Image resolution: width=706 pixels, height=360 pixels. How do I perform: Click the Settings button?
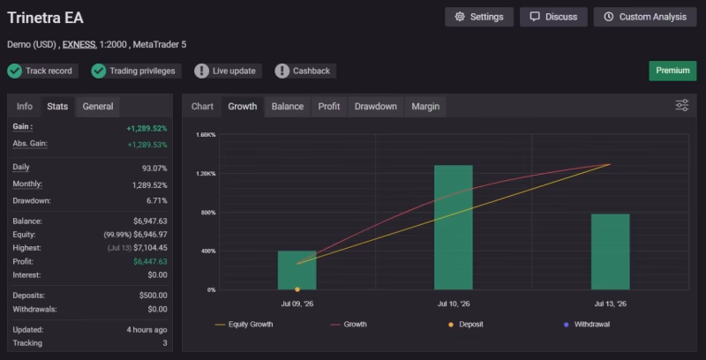[x=479, y=17]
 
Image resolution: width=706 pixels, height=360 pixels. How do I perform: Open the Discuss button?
[x=553, y=17]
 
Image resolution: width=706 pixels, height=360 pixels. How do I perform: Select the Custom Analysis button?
[x=645, y=17]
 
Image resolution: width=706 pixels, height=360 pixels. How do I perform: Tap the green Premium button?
[x=672, y=71]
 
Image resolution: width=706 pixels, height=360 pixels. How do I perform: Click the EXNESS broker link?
[x=79, y=44]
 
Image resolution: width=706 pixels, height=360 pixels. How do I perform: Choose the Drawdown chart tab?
[x=376, y=107]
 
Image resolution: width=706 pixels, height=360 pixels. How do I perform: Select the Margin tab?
[x=425, y=107]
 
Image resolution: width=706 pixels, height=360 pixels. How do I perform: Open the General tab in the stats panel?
[x=98, y=107]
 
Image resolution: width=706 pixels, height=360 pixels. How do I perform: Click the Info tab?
[x=25, y=107]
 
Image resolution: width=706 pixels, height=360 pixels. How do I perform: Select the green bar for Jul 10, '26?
[x=454, y=228]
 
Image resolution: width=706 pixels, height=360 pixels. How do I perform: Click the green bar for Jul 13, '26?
[x=610, y=251]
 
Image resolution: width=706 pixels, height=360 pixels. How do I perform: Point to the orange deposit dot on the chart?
[x=297, y=289]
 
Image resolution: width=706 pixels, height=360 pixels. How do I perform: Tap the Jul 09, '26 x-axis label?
[x=297, y=304]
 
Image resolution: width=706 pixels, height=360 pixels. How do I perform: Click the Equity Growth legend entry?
[x=244, y=324]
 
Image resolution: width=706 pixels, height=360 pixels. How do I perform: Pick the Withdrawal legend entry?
[x=587, y=324]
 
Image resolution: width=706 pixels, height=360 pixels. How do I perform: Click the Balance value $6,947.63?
[x=150, y=221]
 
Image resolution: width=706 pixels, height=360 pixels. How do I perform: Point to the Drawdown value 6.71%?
[x=157, y=200]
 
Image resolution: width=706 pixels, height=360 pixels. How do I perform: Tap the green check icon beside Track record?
[x=15, y=71]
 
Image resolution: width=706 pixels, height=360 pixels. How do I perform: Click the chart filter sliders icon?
[x=681, y=105]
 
